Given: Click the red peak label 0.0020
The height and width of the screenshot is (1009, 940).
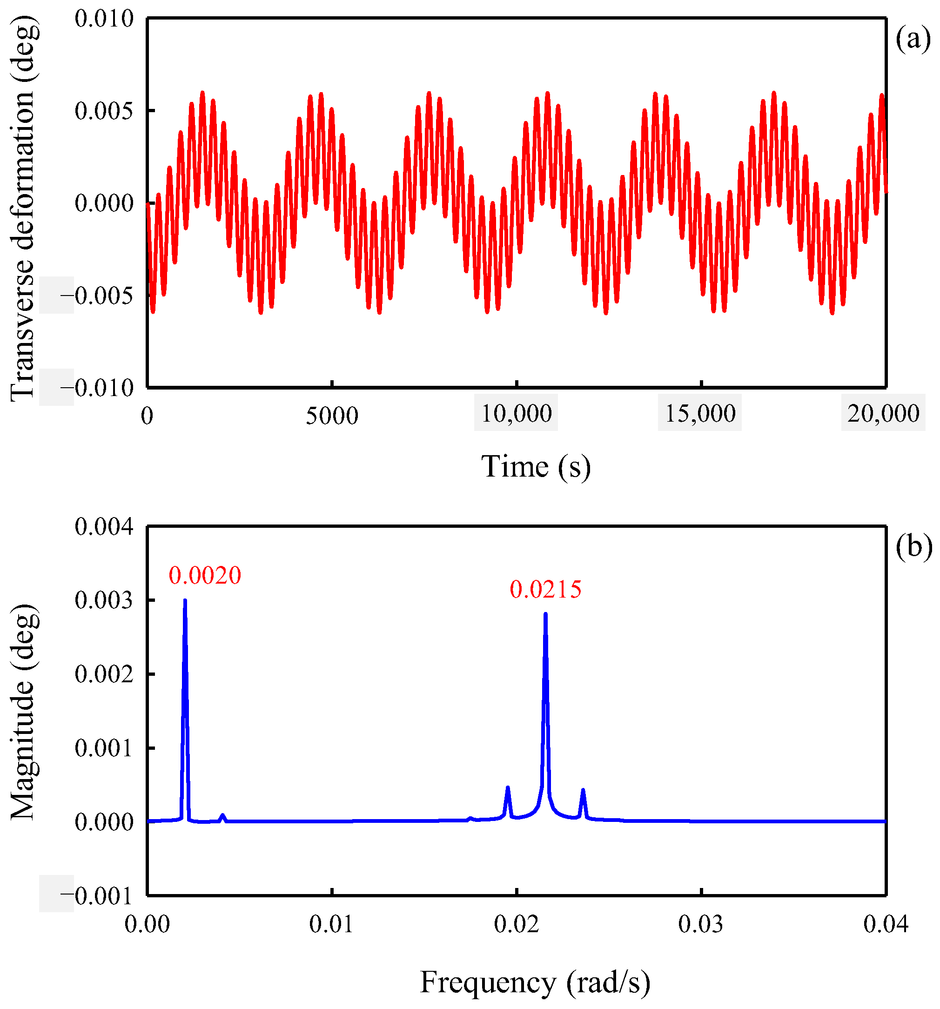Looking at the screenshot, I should tap(205, 576).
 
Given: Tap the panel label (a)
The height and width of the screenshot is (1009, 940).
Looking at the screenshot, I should tap(913, 39).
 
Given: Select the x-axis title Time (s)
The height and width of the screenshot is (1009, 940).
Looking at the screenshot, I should tap(536, 466).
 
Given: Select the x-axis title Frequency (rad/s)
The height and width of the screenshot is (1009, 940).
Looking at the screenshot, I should tap(535, 982).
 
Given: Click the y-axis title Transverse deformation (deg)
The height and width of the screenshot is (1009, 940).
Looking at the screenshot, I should tap(23, 208).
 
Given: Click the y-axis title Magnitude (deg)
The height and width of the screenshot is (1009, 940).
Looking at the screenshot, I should tap(23, 711).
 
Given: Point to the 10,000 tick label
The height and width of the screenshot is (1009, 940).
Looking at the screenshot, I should tap(516, 414).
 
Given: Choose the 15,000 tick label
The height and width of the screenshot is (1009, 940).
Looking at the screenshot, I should tap(699, 414).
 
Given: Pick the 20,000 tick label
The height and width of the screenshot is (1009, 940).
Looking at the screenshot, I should tap(883, 414).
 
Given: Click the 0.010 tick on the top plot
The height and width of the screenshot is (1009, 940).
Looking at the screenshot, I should tap(104, 19).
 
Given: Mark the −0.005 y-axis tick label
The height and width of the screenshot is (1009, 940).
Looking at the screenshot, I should tap(96, 296).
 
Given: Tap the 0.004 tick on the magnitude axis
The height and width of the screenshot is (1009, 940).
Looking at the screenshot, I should tap(104, 527).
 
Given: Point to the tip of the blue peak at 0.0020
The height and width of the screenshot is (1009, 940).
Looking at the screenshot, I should tap(185, 600).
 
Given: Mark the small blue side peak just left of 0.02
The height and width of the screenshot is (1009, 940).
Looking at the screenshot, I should tap(507, 788).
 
